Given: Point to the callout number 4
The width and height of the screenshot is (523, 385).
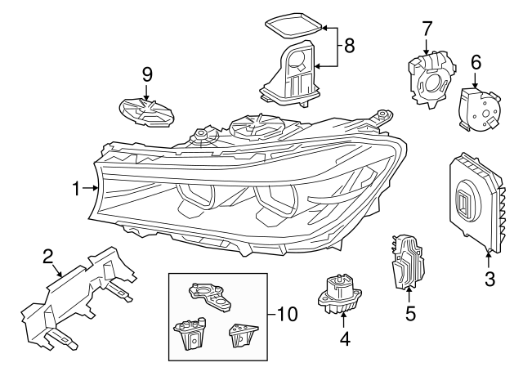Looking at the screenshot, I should click(344, 337).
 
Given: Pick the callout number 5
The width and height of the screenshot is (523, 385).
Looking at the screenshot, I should click(411, 311).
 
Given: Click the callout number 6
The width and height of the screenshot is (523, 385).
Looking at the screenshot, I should click(476, 62).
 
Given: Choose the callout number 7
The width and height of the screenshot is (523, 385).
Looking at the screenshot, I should click(427, 29).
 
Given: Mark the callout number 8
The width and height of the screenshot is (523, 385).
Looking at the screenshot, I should click(349, 46).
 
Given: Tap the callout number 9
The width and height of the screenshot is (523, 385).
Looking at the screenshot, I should click(147, 74).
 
